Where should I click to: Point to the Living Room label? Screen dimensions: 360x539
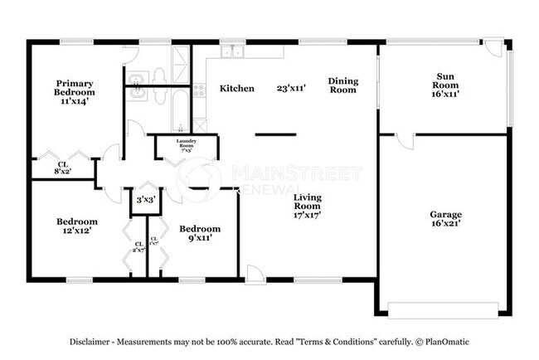(307, 205)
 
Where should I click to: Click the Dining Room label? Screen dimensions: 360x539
(342, 85)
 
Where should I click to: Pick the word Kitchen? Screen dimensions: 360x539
(236, 89)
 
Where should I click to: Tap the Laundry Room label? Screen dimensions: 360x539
(185, 146)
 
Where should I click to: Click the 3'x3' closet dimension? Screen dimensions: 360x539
(145, 199)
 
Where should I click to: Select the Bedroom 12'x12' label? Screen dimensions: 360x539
(77, 226)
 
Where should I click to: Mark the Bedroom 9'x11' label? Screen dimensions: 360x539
(200, 233)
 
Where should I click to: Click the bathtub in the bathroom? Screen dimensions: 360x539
(181, 108)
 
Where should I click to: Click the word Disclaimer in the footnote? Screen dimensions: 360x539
(89, 342)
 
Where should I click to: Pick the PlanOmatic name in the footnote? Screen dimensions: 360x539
(450, 342)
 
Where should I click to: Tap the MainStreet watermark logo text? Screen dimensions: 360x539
(296, 173)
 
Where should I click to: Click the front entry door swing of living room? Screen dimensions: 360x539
(255, 273)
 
